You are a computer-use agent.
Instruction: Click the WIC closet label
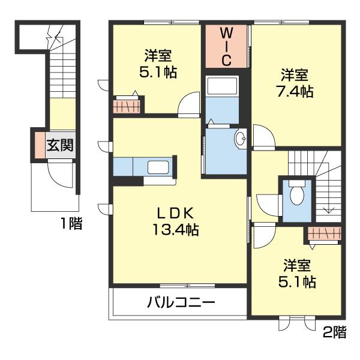tap(227, 45)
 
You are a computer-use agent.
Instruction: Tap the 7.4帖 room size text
tap(295, 92)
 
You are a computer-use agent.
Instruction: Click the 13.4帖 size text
tap(176, 229)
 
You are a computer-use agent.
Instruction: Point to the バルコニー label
tap(181, 303)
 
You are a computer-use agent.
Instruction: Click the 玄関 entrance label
tap(61, 145)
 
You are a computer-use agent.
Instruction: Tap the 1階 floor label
tap(71, 225)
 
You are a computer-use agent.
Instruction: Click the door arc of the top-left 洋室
tap(191, 103)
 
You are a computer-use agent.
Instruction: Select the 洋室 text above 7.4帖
tap(295, 76)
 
